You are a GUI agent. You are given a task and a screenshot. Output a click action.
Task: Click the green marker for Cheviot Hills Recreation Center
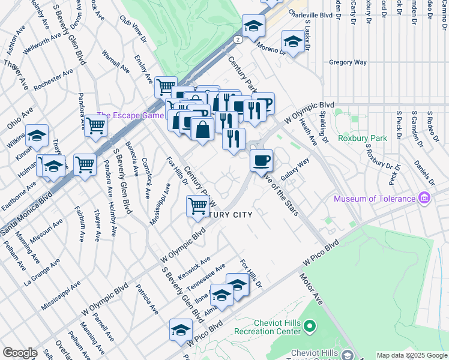[x=310, y=326]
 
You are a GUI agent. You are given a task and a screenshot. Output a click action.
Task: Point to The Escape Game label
[x=130, y=116]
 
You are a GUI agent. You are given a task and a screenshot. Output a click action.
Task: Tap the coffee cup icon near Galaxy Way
[x=261, y=161]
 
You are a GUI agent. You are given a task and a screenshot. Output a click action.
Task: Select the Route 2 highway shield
[x=238, y=40]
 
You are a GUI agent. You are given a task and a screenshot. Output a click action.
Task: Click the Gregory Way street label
[x=348, y=62]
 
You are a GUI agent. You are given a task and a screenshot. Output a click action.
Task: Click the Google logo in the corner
[x=20, y=352]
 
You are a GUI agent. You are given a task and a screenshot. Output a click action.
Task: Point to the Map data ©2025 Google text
[x=412, y=355]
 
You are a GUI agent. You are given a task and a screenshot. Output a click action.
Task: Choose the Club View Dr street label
[x=133, y=29]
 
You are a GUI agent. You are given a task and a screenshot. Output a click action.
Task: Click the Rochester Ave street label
[x=53, y=79]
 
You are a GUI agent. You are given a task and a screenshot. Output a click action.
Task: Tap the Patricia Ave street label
[x=146, y=300]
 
